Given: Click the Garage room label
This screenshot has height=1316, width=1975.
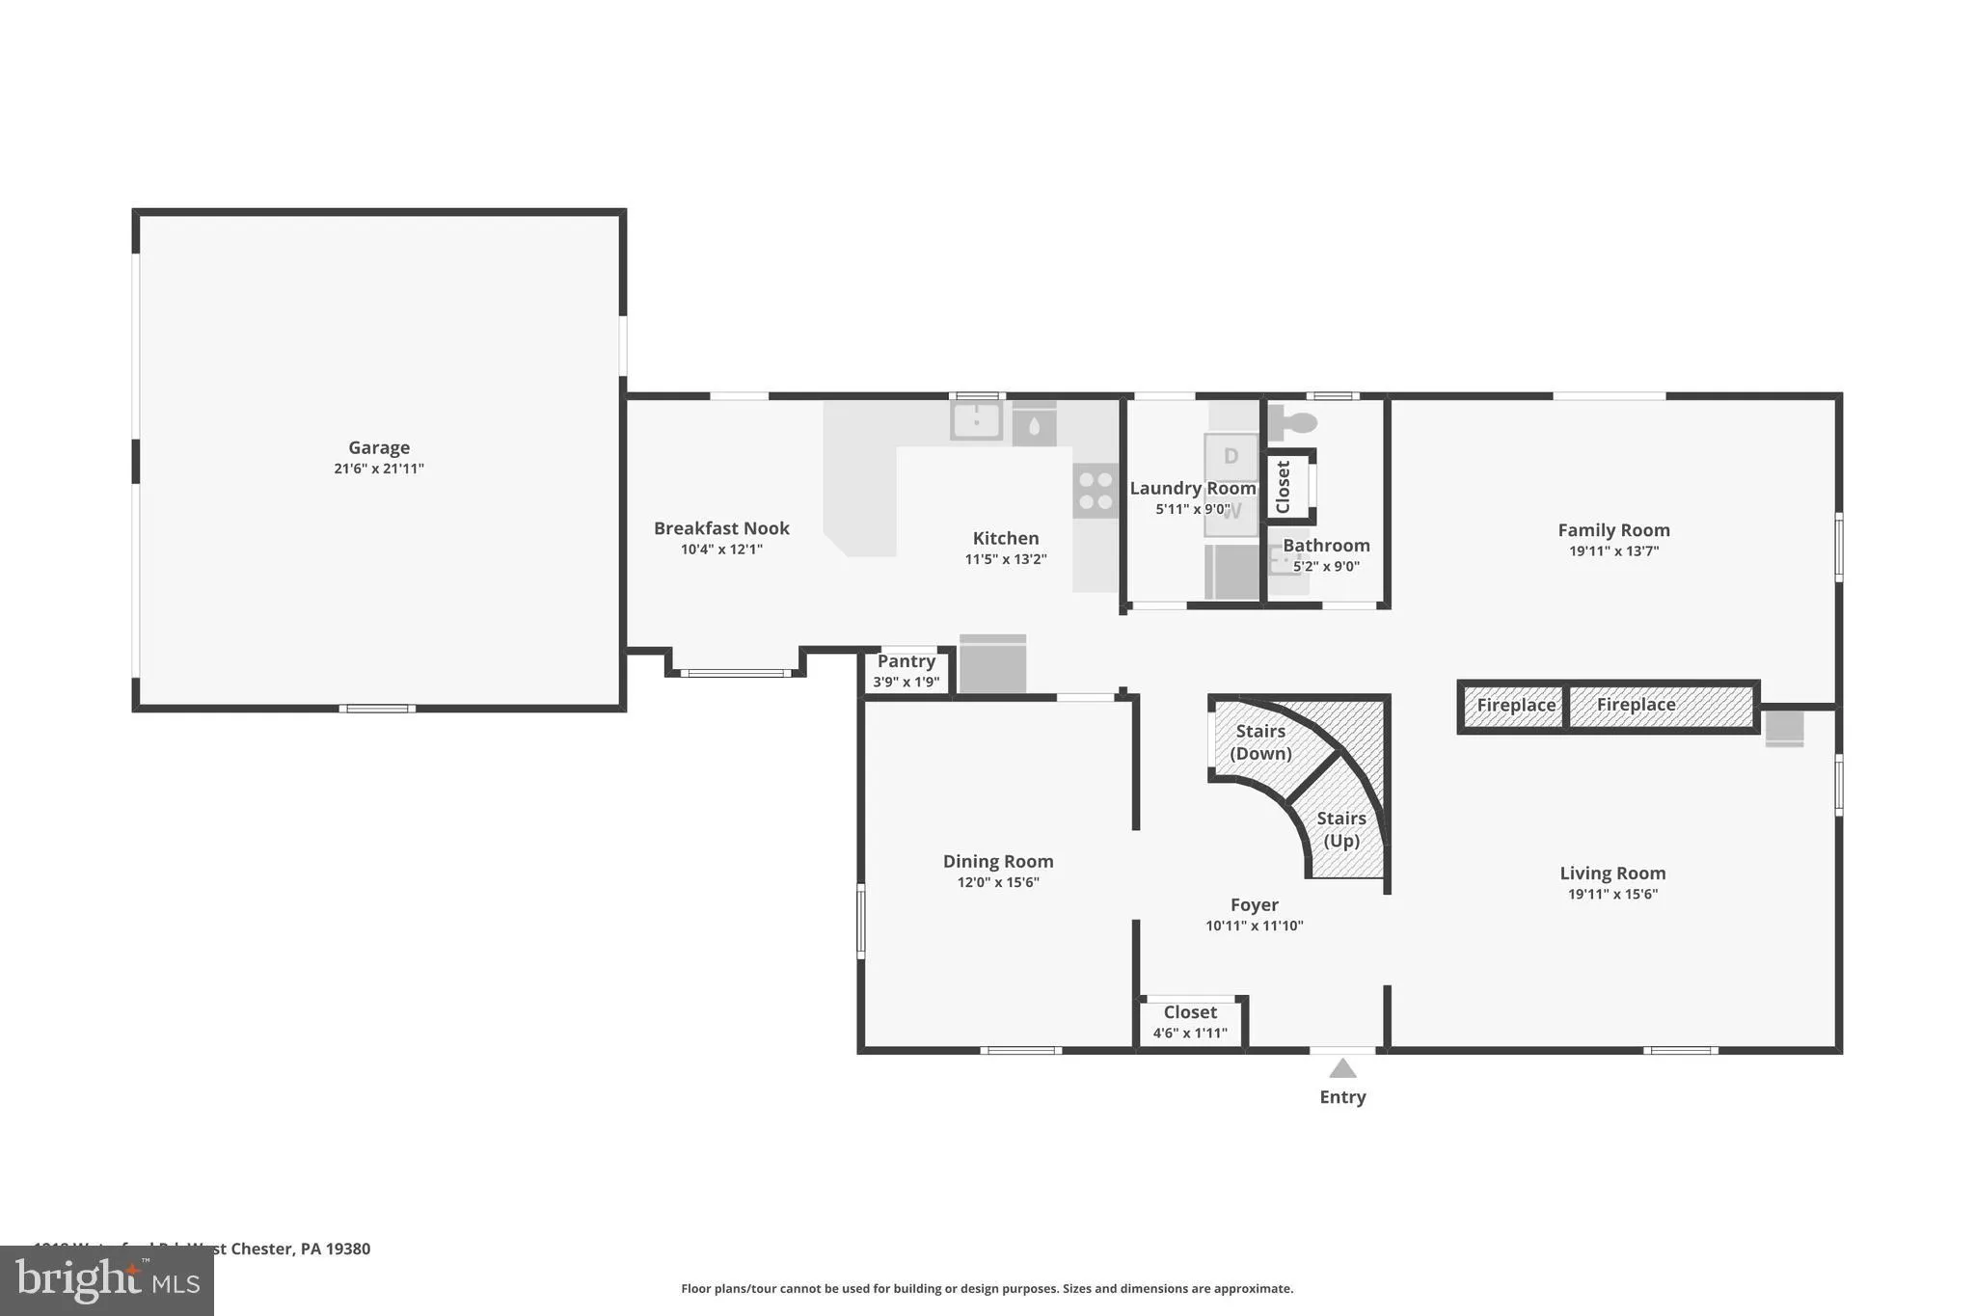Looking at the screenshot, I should pyautogui.click(x=379, y=447).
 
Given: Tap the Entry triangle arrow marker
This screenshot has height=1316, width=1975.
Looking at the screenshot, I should pyautogui.click(x=1342, y=1068).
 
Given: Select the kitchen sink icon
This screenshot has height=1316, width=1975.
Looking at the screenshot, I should pyautogui.click(x=976, y=421).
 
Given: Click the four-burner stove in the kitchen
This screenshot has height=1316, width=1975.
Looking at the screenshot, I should pyautogui.click(x=1096, y=490).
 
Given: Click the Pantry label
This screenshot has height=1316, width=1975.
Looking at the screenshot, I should pyautogui.click(x=906, y=661).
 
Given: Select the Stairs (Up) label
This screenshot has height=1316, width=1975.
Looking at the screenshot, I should pyautogui.click(x=1341, y=829).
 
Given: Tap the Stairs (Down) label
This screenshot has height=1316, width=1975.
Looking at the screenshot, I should pyautogui.click(x=1260, y=741).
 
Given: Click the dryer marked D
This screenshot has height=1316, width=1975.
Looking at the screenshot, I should pyautogui.click(x=1231, y=456).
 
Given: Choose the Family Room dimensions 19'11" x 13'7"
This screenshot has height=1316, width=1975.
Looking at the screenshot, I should pyautogui.click(x=1613, y=551).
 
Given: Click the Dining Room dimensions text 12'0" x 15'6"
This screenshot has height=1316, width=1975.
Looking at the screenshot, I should pyautogui.click(x=997, y=882).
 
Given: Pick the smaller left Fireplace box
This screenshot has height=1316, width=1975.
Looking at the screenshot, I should pyautogui.click(x=1515, y=706).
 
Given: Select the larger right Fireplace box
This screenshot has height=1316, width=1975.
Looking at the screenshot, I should pyautogui.click(x=1661, y=706).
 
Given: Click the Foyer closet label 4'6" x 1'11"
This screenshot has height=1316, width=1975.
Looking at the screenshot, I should pyautogui.click(x=1190, y=1034).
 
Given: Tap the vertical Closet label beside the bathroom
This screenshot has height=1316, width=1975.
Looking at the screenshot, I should pyautogui.click(x=1284, y=487).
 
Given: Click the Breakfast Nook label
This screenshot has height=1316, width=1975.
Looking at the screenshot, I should pyautogui.click(x=721, y=528).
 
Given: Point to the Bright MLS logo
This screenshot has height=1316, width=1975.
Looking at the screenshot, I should pyautogui.click(x=106, y=1280).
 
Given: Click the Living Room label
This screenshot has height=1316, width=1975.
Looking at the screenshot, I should pyautogui.click(x=1612, y=873).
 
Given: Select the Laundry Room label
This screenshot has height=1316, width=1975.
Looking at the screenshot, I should pyautogui.click(x=1192, y=489).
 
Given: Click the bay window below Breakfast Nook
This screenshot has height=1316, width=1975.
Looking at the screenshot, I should pyautogui.click(x=736, y=673).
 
